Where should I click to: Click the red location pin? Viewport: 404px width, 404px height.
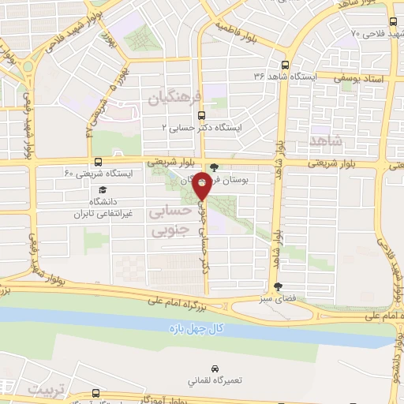coord(202,185)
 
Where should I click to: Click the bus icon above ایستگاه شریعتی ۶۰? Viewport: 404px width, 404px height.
coord(98,161)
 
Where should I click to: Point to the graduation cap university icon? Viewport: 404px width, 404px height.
coord(103,189)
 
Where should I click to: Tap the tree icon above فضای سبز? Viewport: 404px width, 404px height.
coord(275,287)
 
